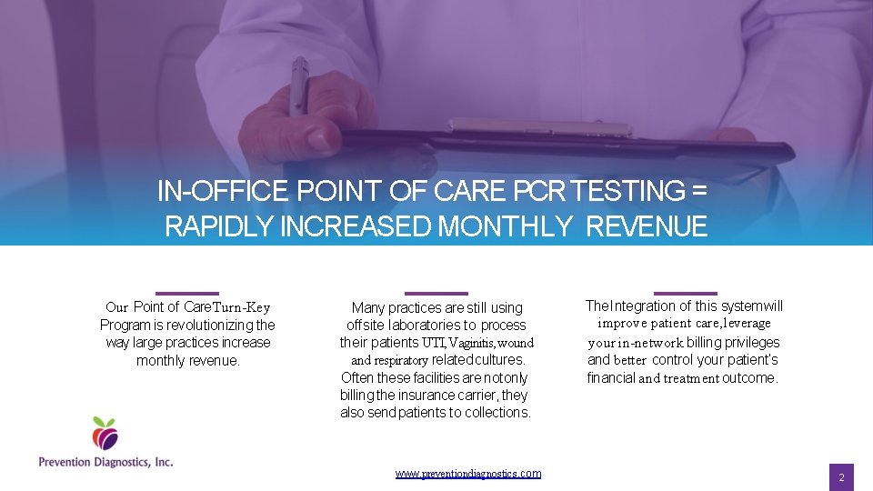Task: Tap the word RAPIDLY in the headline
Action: pos(219,226)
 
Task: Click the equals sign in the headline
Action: pos(698,192)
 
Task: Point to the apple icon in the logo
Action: pos(105,434)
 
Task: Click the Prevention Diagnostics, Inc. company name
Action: pos(105,462)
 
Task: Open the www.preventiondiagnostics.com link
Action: pos(468,474)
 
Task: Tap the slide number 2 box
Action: pos(841,477)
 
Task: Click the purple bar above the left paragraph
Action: pos(187,292)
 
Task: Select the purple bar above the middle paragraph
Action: pos(436,293)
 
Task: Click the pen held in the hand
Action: pos(298,86)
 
